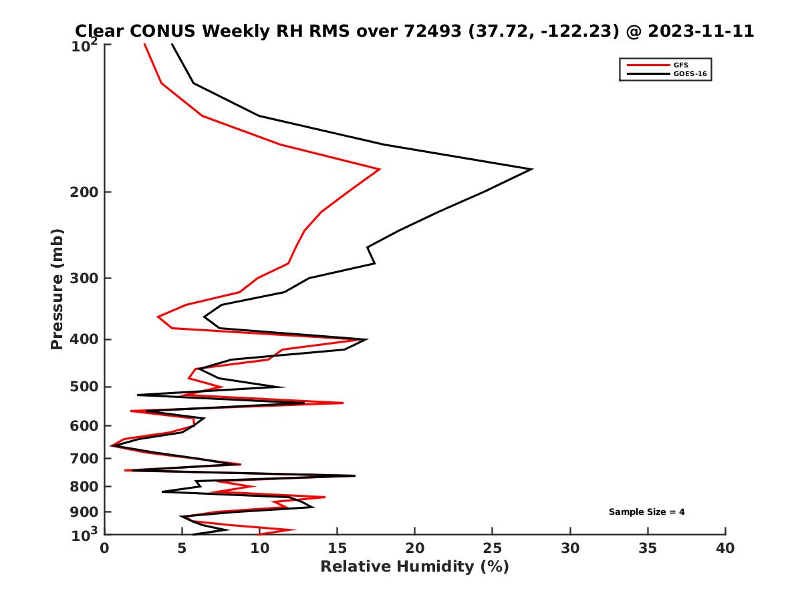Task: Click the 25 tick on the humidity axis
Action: click(493, 549)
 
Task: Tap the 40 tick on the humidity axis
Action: click(725, 549)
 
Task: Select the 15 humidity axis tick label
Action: click(337, 549)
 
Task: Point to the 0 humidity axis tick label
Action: click(105, 549)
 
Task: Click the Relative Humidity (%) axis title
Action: click(414, 567)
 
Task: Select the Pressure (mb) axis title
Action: click(57, 288)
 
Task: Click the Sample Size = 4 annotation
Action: click(646, 512)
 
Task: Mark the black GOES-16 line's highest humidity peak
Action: click(532, 169)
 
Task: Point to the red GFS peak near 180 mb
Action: click(380, 169)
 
